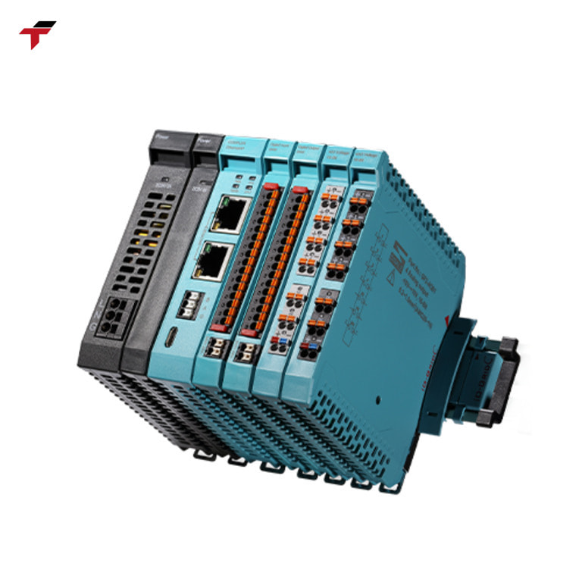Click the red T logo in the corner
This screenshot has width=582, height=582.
pos(37,34)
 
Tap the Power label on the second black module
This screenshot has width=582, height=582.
pos(203,141)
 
